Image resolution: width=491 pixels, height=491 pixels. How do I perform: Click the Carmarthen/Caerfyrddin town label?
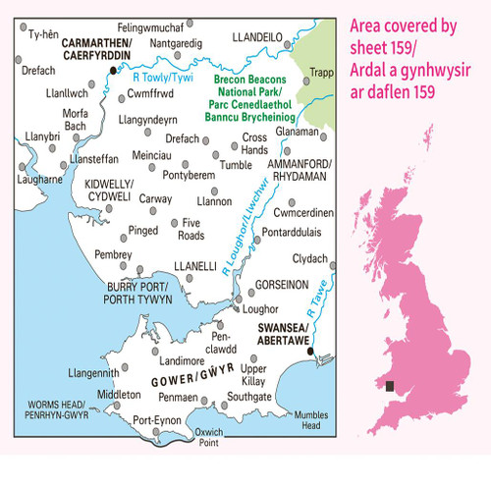(87, 50)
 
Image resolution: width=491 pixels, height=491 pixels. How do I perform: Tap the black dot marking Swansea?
(310, 352)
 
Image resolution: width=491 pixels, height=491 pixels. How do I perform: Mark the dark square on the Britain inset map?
(391, 387)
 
